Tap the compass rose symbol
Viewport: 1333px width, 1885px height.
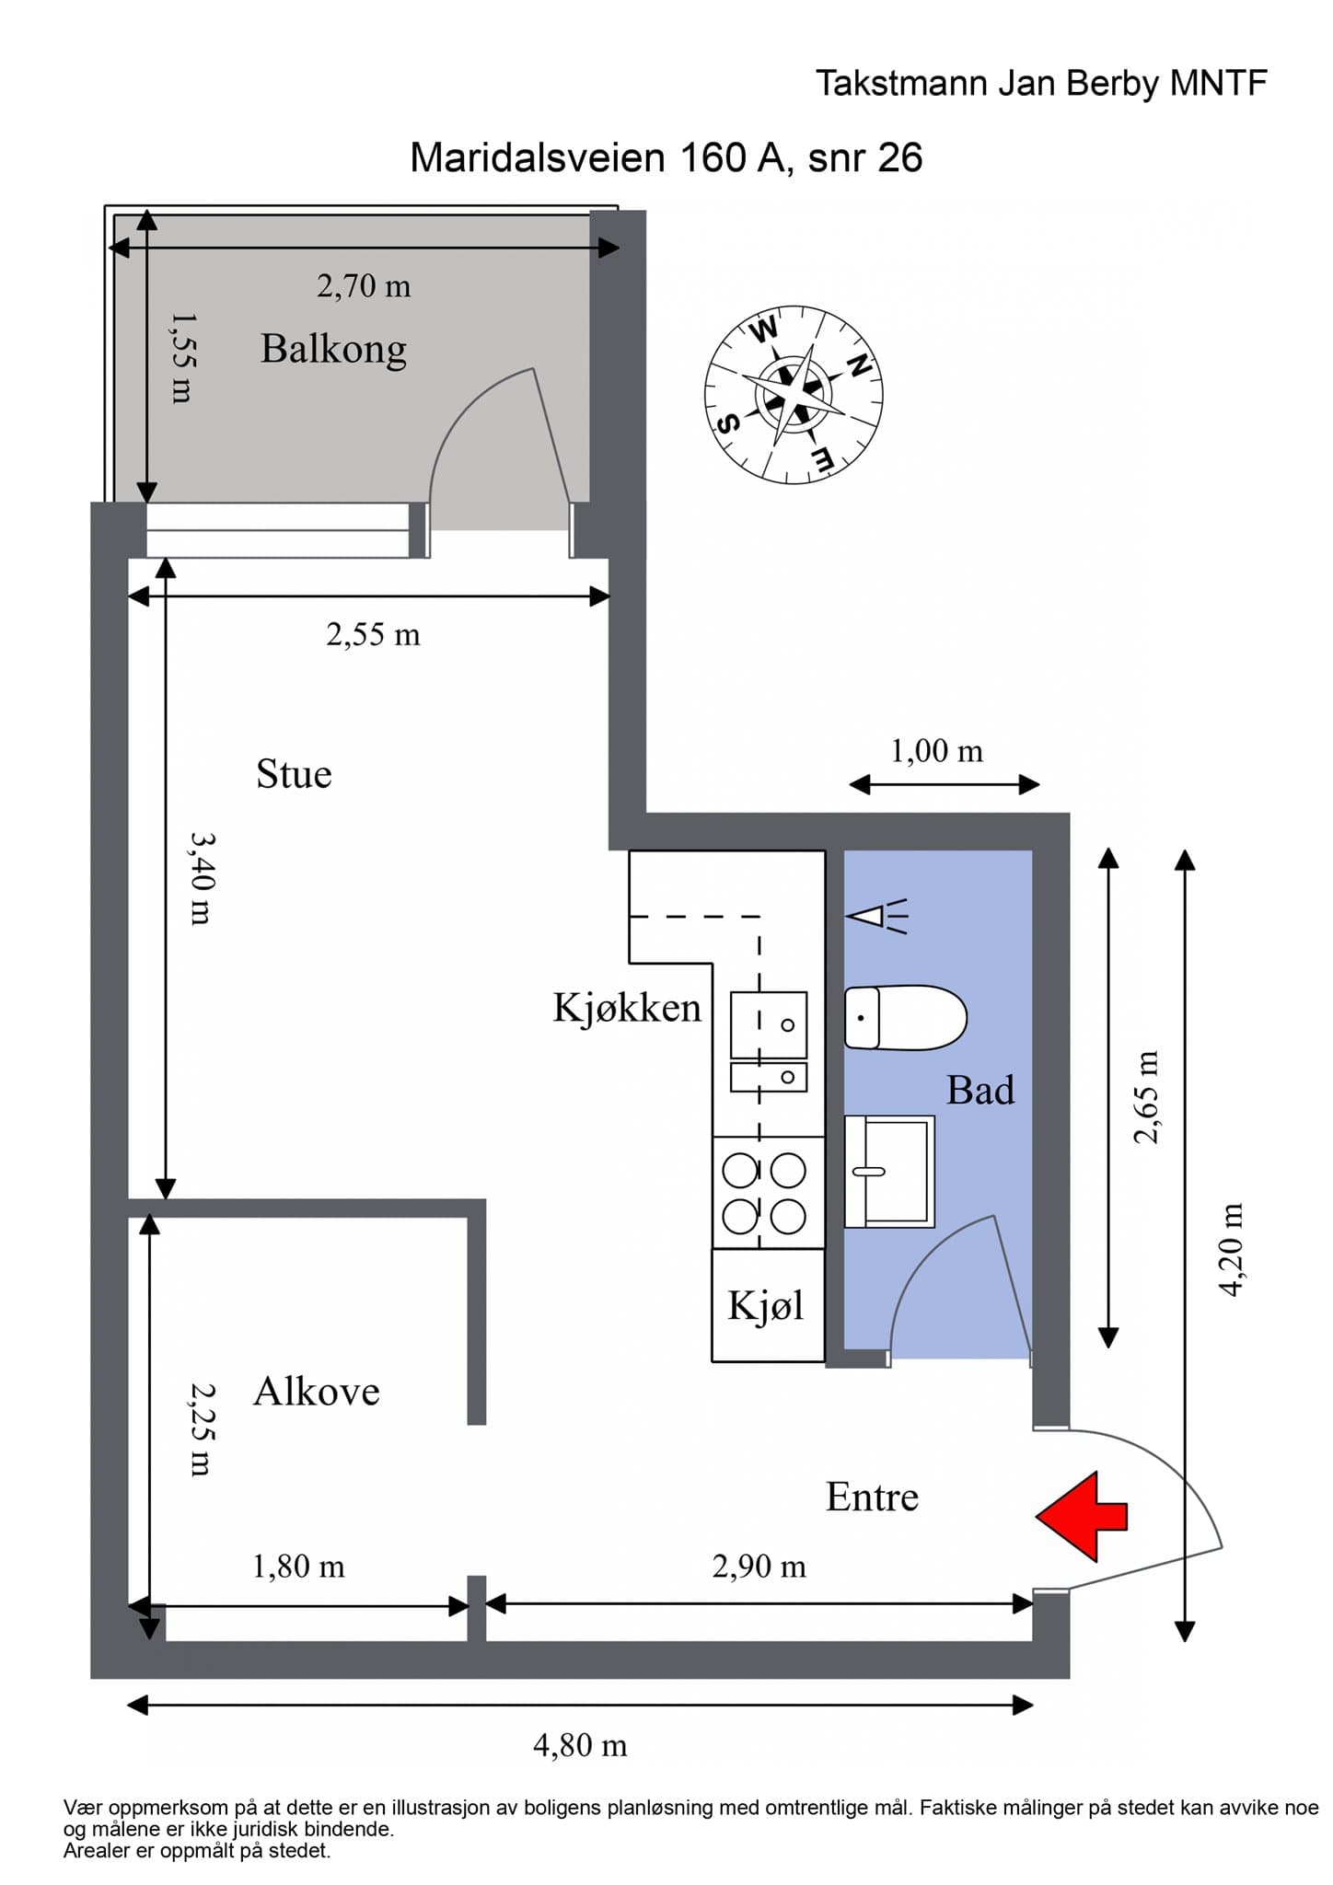794,395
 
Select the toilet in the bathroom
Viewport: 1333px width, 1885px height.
904,1017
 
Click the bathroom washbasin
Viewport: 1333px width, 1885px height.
888,1171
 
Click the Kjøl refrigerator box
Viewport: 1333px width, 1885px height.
767,1305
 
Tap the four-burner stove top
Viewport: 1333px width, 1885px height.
768,1193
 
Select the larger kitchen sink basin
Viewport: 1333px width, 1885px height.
769,1024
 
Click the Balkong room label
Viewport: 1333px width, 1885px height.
333,349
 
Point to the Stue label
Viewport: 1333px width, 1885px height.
294,774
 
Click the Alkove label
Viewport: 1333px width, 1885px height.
316,1391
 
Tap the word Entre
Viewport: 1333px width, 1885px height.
872,1497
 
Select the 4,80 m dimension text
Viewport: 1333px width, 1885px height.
580,1744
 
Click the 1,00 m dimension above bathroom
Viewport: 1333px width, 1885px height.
936,751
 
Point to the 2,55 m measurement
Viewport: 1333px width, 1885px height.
373,634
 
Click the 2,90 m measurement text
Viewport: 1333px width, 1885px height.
759,1566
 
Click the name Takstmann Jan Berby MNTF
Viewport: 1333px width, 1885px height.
1041,84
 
